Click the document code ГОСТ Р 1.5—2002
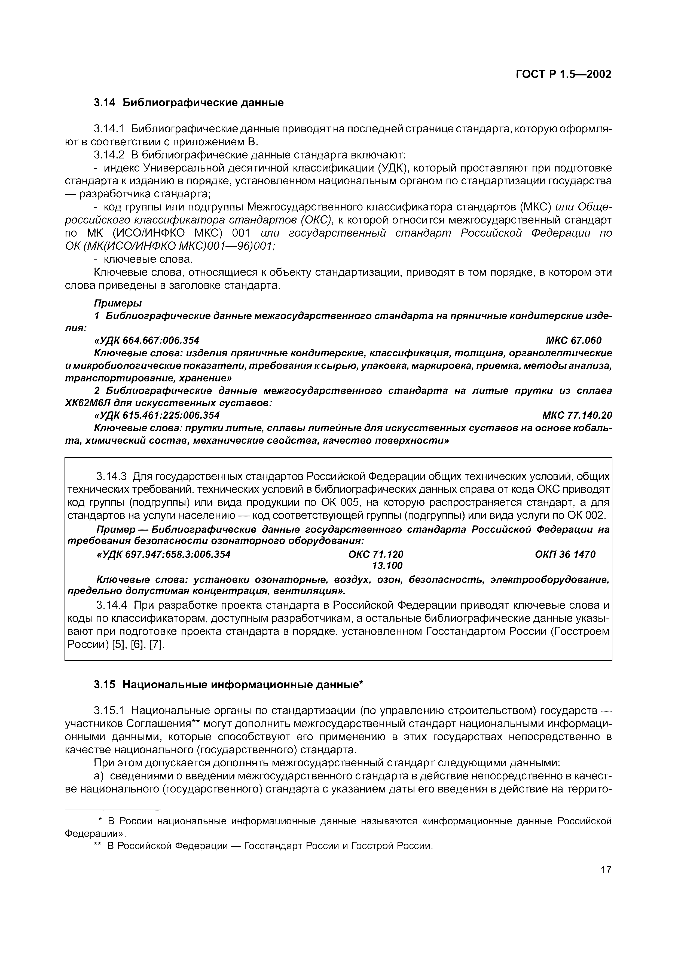pos(564,74)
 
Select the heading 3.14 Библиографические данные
pos(188,102)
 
